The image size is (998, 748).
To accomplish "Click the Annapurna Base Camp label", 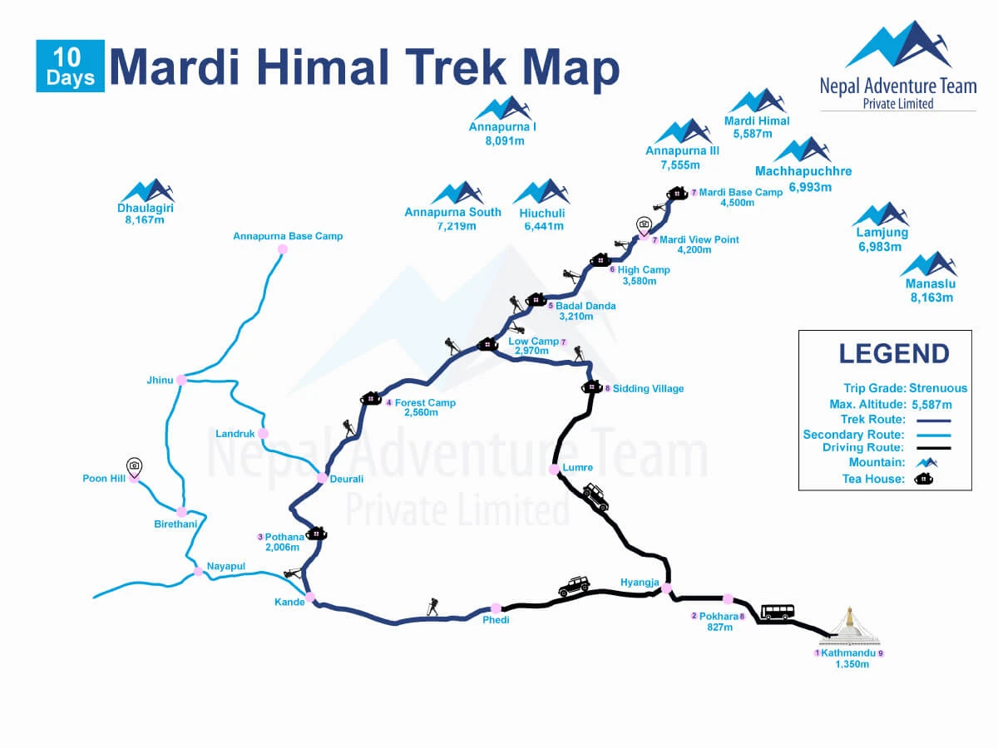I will click(x=288, y=236).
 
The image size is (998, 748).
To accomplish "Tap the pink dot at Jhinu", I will click(x=180, y=380).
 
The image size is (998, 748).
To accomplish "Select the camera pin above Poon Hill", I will click(x=134, y=468).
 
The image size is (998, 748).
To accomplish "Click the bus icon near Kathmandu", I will click(x=778, y=613).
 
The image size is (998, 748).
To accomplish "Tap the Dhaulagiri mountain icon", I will click(x=146, y=190).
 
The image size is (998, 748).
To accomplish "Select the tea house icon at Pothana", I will click(x=316, y=533).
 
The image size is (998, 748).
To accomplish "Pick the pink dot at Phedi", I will click(x=497, y=608).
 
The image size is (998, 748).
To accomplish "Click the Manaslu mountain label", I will click(x=929, y=284).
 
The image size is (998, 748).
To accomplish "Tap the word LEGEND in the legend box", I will click(x=894, y=353).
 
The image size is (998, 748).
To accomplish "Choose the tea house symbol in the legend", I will click(x=923, y=479).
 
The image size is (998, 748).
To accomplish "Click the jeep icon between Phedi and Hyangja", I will click(x=574, y=587).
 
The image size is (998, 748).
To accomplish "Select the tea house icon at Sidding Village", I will click(x=592, y=386).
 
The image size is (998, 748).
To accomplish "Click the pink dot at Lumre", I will click(x=554, y=470).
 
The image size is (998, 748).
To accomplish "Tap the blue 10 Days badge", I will click(x=70, y=66).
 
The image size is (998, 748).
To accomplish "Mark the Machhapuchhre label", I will click(x=803, y=171).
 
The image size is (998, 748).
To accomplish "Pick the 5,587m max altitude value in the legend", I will click(x=931, y=405).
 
